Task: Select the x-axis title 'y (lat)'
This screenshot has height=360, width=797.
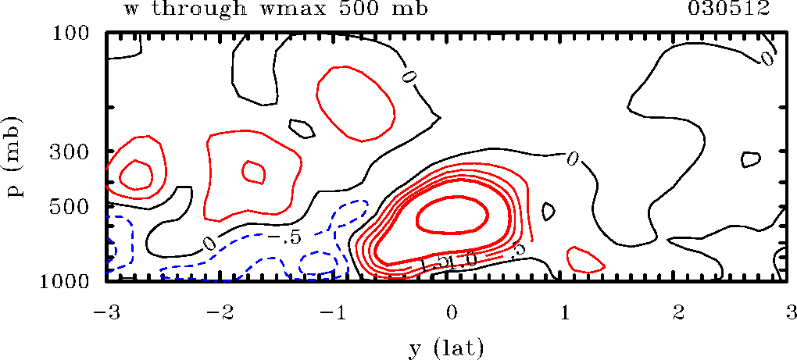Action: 446,344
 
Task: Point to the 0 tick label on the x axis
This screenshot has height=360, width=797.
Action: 451,313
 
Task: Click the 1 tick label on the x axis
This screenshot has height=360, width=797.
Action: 565,313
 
